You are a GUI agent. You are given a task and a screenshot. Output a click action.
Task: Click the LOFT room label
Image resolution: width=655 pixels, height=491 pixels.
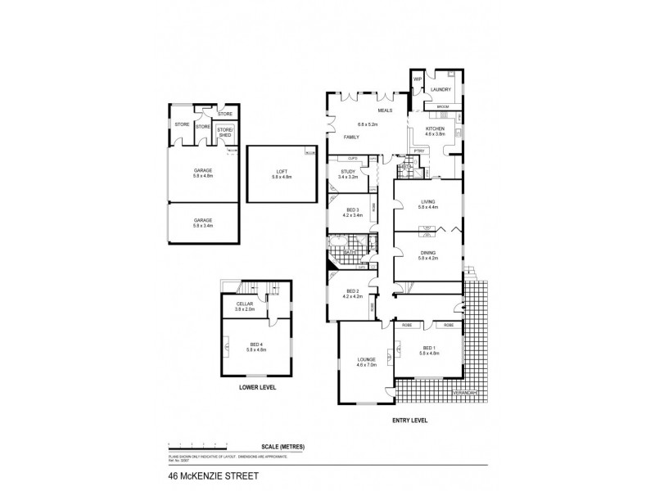point(282,171)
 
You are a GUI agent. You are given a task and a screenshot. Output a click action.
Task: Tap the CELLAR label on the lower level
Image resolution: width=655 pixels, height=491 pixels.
point(246,304)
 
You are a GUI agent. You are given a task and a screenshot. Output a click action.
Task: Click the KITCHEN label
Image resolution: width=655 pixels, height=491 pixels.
point(434,128)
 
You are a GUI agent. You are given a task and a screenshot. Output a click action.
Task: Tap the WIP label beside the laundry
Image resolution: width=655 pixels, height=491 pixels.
point(417,79)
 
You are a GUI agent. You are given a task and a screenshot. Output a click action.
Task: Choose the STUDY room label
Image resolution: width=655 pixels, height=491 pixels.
point(348,169)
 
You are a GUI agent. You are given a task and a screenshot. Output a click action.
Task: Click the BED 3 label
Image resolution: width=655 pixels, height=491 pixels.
point(351,209)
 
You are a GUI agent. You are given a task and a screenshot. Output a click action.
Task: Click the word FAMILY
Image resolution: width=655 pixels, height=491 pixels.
point(351,137)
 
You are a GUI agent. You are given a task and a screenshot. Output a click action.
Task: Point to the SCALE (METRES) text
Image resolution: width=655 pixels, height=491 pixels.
point(282,446)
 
